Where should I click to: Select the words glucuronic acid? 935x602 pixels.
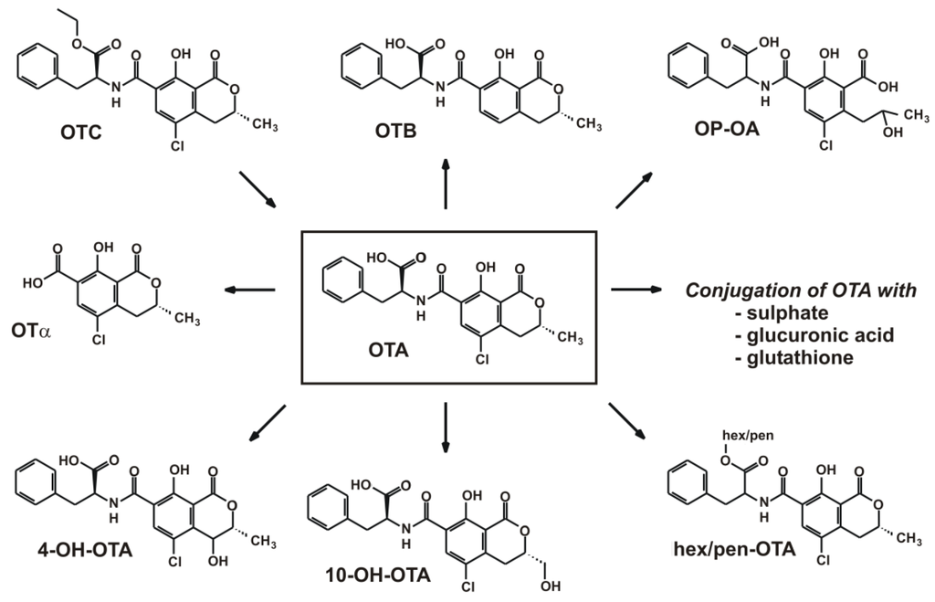(811, 335)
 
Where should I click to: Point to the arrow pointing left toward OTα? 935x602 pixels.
(250, 290)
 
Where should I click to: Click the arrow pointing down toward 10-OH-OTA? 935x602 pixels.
(446, 428)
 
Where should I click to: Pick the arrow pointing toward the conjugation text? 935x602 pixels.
(635, 290)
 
